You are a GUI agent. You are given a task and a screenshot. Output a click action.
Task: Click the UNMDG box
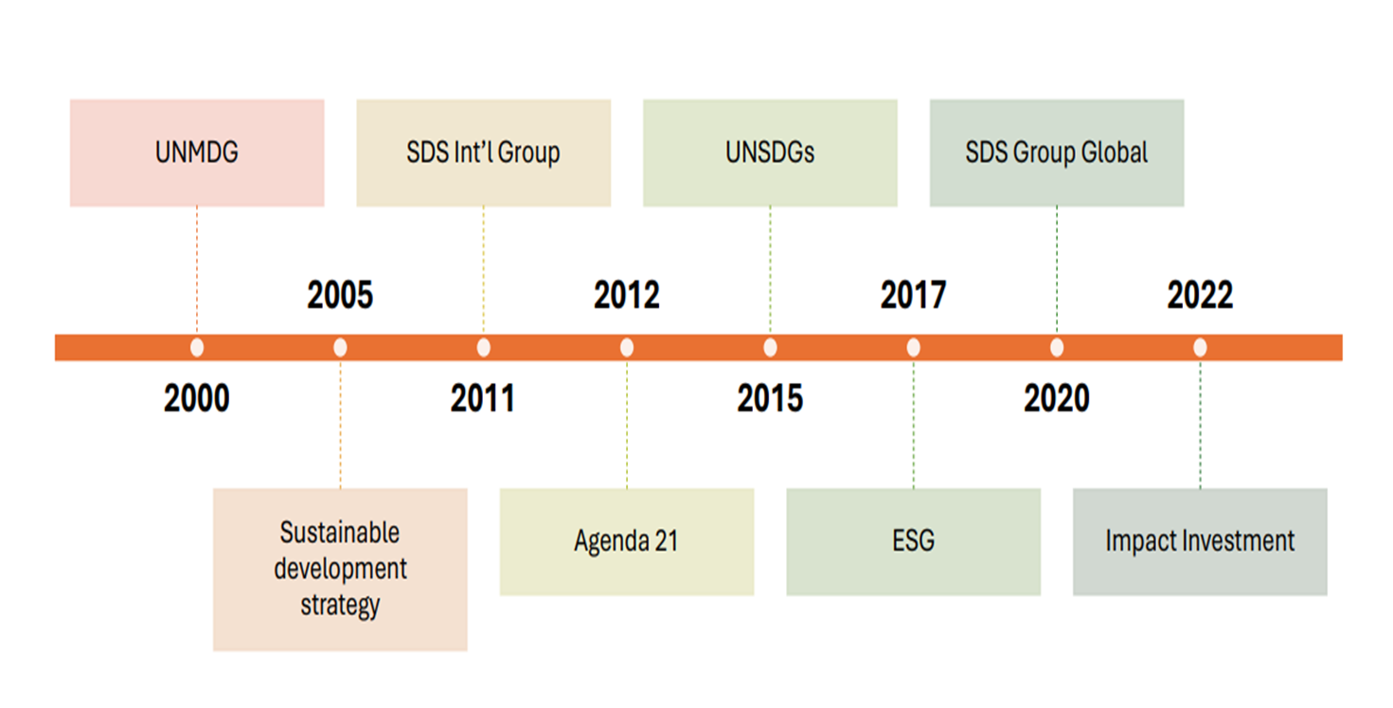pyautogui.click(x=197, y=153)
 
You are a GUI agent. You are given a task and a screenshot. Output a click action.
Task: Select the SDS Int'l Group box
pyautogui.click(x=483, y=153)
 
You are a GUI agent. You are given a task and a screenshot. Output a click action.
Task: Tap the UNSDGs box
pyautogui.click(x=770, y=153)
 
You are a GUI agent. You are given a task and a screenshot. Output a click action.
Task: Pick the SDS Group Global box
pyautogui.click(x=1057, y=153)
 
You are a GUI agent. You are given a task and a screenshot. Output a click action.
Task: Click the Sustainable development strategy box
pyautogui.click(x=340, y=569)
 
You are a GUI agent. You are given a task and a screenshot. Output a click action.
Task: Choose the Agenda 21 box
pyautogui.click(x=627, y=541)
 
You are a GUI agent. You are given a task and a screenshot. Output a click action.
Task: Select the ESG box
pyautogui.click(x=913, y=541)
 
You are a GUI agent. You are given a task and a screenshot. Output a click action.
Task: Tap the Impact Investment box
pyautogui.click(x=1200, y=541)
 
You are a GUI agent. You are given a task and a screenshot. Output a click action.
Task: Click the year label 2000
pyautogui.click(x=197, y=399)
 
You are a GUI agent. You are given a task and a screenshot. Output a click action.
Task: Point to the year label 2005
pyautogui.click(x=340, y=296)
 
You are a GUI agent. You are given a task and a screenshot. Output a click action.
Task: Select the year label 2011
pyautogui.click(x=483, y=399)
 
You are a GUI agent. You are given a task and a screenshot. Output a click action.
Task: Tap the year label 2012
pyautogui.click(x=627, y=296)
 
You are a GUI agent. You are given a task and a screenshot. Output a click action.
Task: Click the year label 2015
pyautogui.click(x=770, y=399)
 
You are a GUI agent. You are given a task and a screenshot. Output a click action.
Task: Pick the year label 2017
pyautogui.click(x=913, y=296)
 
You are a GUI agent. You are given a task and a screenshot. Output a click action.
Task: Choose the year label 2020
pyautogui.click(x=1057, y=399)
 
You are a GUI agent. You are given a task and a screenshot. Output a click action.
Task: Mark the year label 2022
pyautogui.click(x=1200, y=296)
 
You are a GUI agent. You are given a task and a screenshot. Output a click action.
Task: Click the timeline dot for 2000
pyautogui.click(x=197, y=348)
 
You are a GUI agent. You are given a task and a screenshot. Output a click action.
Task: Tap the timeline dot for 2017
pyautogui.click(x=913, y=348)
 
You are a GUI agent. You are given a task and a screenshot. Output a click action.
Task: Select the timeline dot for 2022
pyautogui.click(x=1200, y=348)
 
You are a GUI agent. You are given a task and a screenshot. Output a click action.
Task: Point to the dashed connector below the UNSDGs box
pyautogui.click(x=770, y=270)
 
